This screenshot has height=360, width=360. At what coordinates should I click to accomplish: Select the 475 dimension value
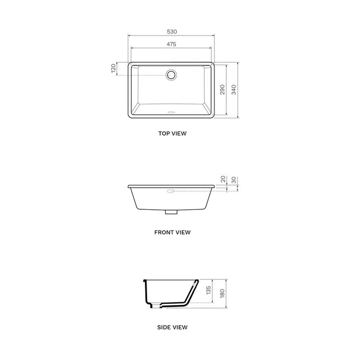click(171, 44)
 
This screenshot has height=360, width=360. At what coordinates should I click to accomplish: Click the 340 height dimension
click(235, 89)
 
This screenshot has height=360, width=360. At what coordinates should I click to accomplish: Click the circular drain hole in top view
click(171, 75)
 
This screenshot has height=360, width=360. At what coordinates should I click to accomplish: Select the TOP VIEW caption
click(172, 133)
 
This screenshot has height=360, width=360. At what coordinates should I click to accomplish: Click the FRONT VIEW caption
click(172, 232)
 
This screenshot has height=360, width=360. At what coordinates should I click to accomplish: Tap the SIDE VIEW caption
click(172, 327)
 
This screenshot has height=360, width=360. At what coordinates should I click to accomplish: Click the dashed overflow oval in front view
click(171, 191)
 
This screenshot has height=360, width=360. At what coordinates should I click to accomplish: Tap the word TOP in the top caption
click(164, 133)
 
